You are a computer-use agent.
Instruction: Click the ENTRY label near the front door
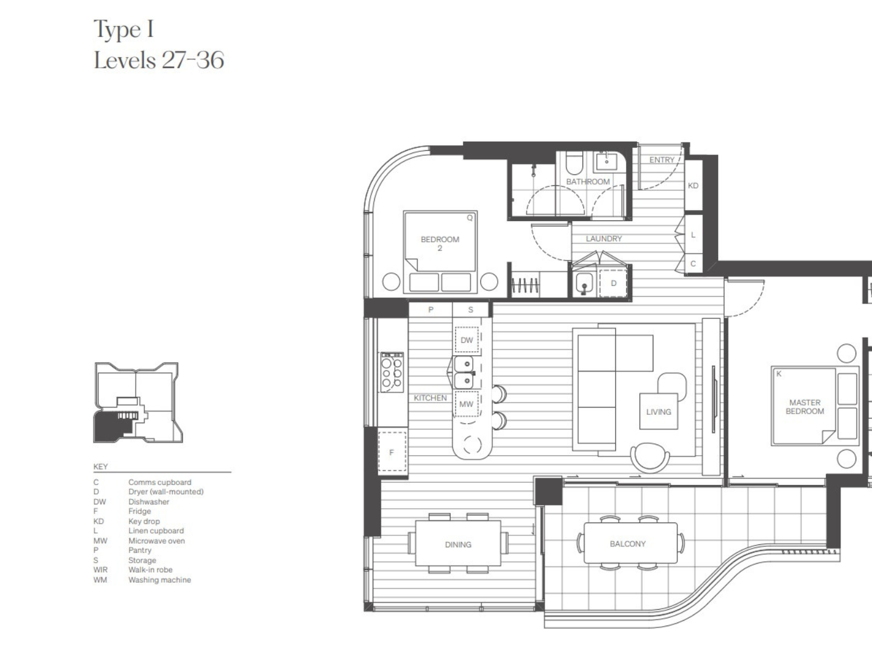[x=662, y=160]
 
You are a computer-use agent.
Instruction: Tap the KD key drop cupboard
[x=693, y=185]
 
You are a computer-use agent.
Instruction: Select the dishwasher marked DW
[x=467, y=340]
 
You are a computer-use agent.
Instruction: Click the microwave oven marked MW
[x=466, y=404]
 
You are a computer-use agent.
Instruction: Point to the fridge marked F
[x=392, y=452]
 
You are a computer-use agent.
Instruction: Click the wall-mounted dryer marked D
[x=614, y=283]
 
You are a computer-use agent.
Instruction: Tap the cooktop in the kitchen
[x=392, y=372]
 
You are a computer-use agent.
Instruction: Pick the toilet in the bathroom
[x=574, y=163]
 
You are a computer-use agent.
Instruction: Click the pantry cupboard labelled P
[x=430, y=310]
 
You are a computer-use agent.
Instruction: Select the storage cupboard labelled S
[x=470, y=310]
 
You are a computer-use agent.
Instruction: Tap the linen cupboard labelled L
[x=693, y=235]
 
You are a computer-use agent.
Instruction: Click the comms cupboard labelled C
[x=693, y=264]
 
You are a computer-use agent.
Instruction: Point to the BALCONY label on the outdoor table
[x=628, y=544]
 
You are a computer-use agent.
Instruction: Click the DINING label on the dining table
[x=458, y=545]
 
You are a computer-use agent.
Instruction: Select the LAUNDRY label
[x=604, y=239]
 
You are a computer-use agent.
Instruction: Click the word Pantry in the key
[x=140, y=550]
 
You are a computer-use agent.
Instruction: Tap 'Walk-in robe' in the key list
[x=151, y=570]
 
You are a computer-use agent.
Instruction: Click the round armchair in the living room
[x=650, y=457]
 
